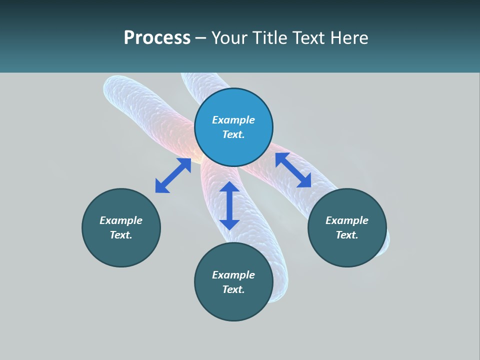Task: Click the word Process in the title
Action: (x=157, y=38)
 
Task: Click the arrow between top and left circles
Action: (x=173, y=175)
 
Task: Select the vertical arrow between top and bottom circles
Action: (x=229, y=205)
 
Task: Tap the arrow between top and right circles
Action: (x=293, y=170)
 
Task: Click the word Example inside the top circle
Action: (x=233, y=120)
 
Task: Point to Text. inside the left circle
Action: (x=121, y=235)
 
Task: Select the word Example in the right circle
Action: (x=347, y=220)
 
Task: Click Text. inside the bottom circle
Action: (x=233, y=289)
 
